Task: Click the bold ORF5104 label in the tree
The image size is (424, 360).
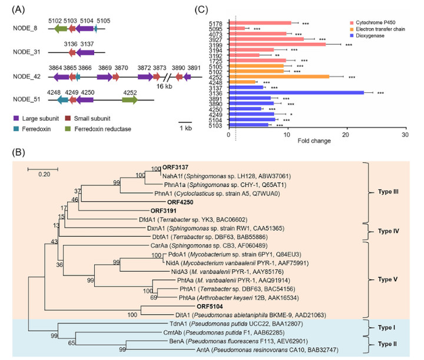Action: coord(209,306)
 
